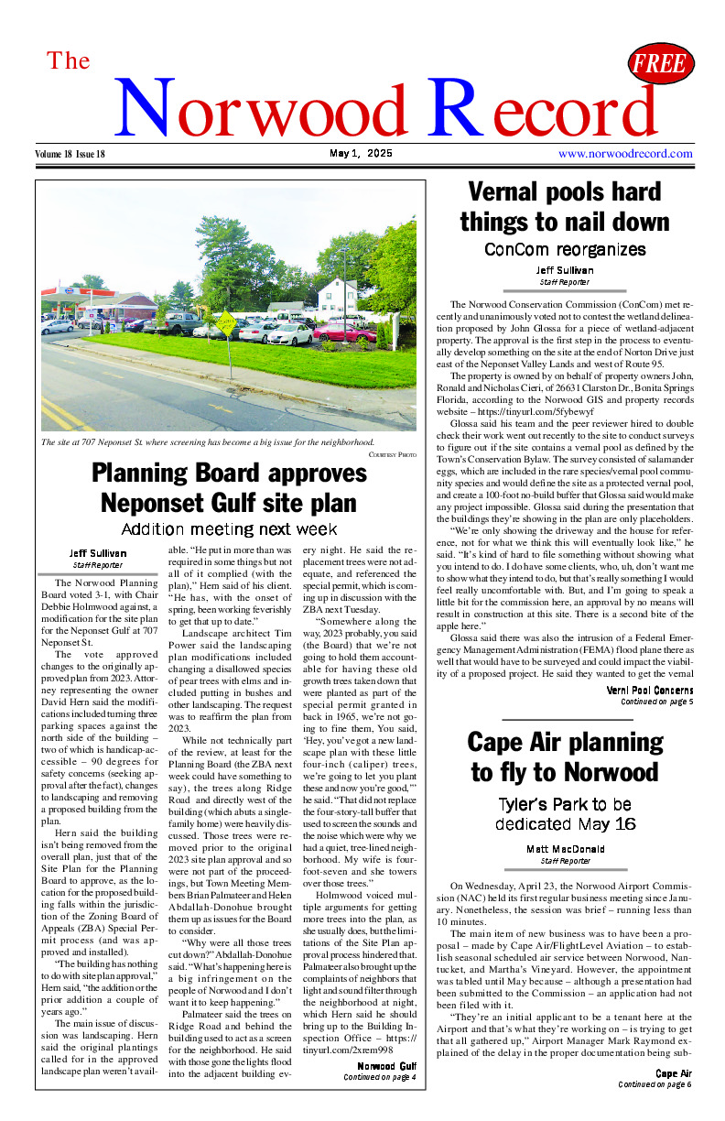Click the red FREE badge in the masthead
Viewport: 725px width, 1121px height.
[x=660, y=64]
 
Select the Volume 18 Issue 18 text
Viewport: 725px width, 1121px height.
[x=70, y=154]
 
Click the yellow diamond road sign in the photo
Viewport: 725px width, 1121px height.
[x=224, y=321]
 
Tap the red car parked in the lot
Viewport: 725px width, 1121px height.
[x=343, y=332]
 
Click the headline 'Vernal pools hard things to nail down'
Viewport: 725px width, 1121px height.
[x=564, y=207]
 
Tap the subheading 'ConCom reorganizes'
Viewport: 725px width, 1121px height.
[x=564, y=249]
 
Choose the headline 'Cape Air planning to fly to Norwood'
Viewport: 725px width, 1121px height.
[x=564, y=756]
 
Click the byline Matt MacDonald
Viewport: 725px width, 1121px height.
[x=564, y=849]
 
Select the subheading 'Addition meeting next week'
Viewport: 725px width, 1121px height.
[x=229, y=529]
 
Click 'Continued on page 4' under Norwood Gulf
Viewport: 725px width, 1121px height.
[x=379, y=1078]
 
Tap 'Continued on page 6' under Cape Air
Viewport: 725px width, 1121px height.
[x=655, y=1084]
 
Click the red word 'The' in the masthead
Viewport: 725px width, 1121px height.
[x=69, y=61]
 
